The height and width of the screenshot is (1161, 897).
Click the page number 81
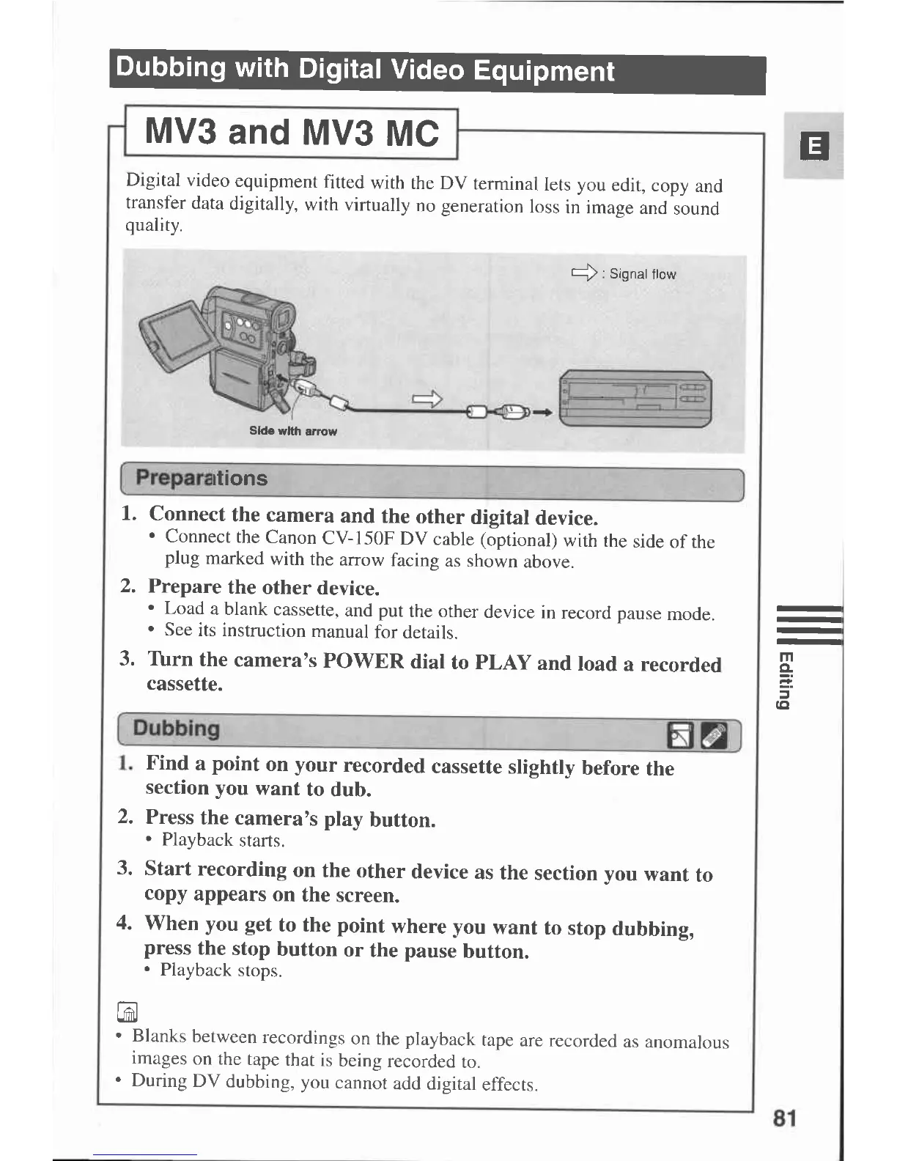(x=783, y=1118)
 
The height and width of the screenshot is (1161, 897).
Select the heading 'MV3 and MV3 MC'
(x=292, y=133)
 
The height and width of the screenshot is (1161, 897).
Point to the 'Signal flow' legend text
(x=642, y=274)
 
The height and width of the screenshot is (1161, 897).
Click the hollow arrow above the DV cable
(x=428, y=398)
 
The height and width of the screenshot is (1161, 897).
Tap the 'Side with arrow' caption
(x=292, y=431)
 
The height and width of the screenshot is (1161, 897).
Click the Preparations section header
(x=202, y=478)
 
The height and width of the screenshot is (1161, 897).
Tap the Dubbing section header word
(x=176, y=729)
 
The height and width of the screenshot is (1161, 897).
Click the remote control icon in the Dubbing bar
(x=715, y=736)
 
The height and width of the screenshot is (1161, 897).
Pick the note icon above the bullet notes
(x=127, y=1012)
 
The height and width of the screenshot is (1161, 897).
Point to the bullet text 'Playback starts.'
(x=223, y=840)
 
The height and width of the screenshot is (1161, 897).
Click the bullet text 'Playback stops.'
(x=221, y=970)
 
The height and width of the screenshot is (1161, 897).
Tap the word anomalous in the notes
(x=687, y=1042)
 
